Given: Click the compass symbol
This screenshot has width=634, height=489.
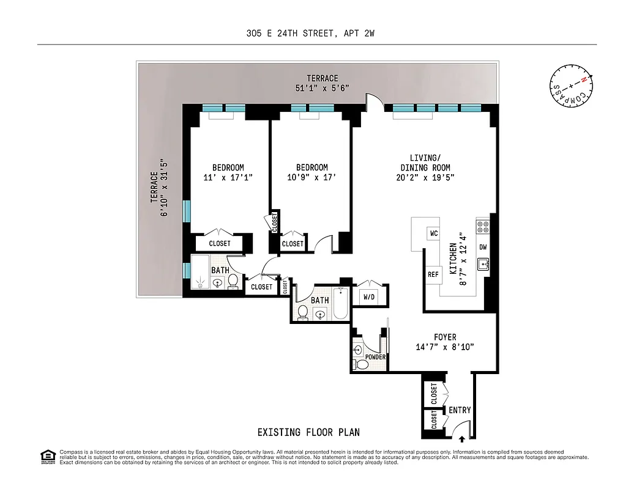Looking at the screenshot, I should (x=571, y=86).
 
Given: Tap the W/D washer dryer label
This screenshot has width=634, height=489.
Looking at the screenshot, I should (x=369, y=297).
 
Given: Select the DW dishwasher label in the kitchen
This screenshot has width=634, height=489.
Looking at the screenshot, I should (x=483, y=247).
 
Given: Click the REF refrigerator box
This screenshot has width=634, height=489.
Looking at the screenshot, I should (x=433, y=274).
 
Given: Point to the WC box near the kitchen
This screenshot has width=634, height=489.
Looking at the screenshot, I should (x=433, y=233).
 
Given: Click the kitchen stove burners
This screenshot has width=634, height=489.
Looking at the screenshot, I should (x=483, y=227).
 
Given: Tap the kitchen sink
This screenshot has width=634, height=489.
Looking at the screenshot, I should (x=483, y=265).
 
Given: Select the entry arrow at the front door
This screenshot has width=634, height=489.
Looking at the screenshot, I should (x=462, y=437).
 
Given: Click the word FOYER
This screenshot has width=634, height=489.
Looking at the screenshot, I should (x=445, y=337).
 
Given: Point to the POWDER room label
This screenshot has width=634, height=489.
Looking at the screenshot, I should (x=375, y=357).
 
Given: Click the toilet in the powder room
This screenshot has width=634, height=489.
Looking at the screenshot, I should (x=362, y=364).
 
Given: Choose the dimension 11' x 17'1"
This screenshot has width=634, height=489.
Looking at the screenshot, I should (x=228, y=178).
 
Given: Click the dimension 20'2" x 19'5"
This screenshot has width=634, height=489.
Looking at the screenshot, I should (x=425, y=178).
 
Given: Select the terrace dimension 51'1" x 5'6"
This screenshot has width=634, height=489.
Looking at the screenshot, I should (x=323, y=88).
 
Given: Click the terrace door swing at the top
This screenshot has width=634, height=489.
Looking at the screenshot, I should (x=372, y=101).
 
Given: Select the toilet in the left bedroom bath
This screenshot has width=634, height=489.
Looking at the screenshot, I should (x=233, y=282).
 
